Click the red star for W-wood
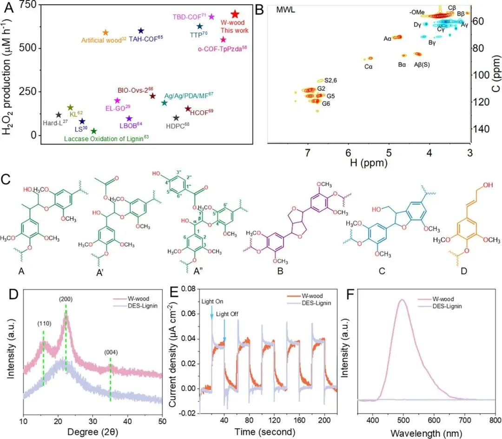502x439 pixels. click(235, 14)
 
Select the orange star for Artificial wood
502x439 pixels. click(105, 32)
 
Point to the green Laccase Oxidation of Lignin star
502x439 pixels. click(94, 131)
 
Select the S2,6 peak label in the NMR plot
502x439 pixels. click(324, 81)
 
